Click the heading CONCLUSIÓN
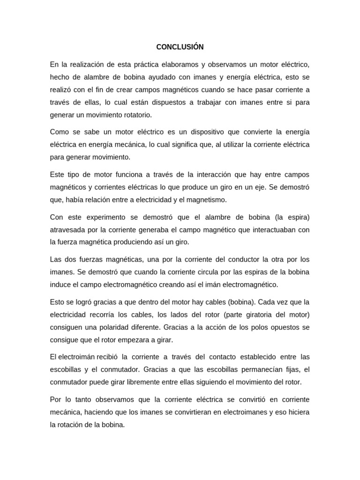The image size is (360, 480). coord(180,47)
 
